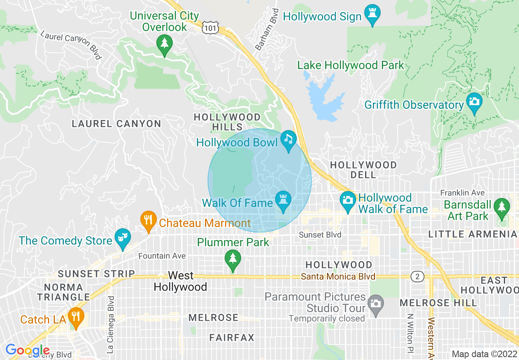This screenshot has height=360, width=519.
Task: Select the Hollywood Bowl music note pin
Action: click(x=289, y=139)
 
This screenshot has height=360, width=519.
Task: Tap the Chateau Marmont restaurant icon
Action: click(x=148, y=219)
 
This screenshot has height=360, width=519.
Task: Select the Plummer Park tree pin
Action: click(x=233, y=259)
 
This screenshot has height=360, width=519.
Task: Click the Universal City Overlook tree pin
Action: click(x=165, y=42)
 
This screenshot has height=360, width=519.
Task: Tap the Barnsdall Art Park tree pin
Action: click(x=502, y=206)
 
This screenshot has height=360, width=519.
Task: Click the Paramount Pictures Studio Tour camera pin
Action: click(x=375, y=303)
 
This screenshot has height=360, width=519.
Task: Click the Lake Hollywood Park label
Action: click(x=350, y=65)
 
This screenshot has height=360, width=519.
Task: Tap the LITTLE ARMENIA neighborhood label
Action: click(x=473, y=234)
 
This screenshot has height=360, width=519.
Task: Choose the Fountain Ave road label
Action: click(x=162, y=256)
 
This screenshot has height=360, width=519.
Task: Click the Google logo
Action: click(x=27, y=350)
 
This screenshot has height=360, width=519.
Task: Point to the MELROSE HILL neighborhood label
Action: click(x=438, y=303)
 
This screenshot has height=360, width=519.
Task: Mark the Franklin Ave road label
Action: click(x=462, y=193)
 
